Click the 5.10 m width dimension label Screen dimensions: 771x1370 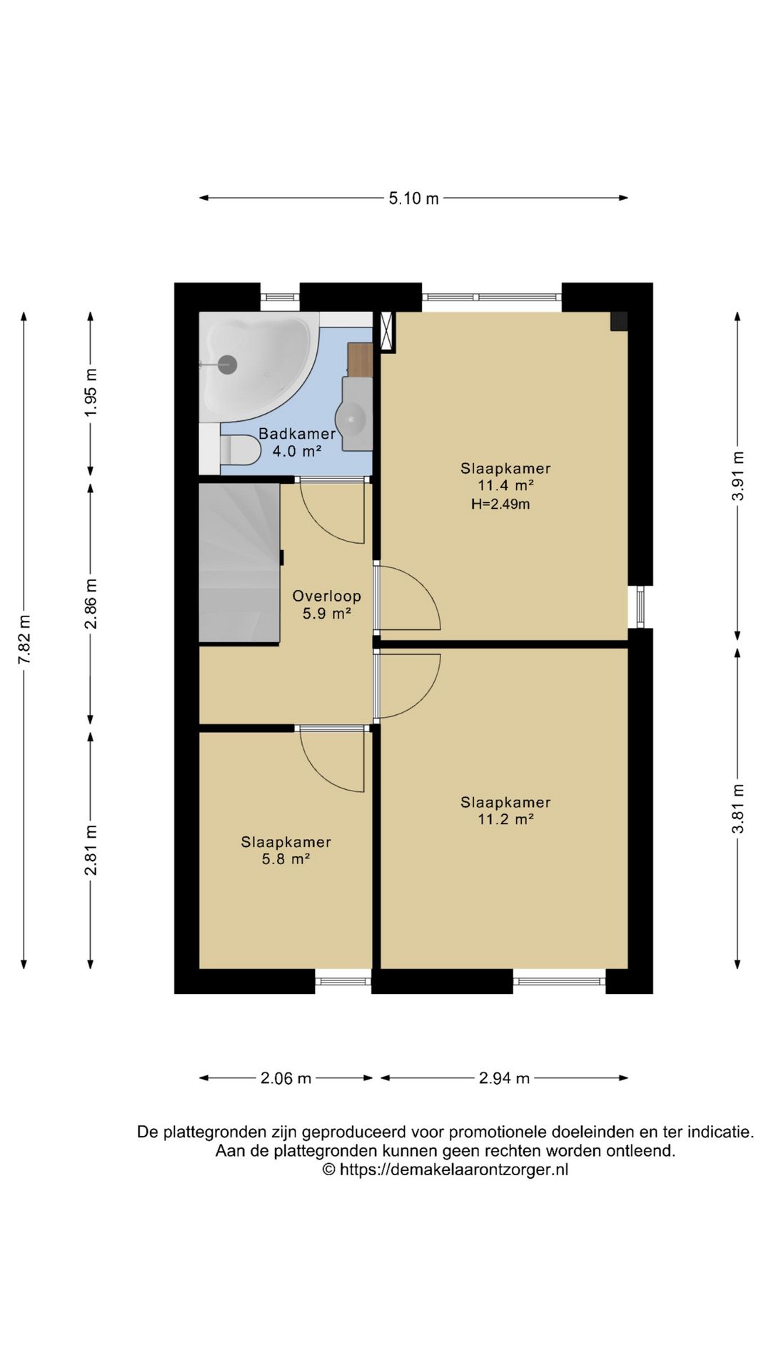click(x=413, y=198)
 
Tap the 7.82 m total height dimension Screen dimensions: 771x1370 click(x=24, y=640)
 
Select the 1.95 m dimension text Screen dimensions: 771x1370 click(x=91, y=393)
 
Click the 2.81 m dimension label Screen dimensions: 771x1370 click(x=91, y=849)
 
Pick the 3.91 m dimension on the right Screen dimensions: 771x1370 click(x=737, y=477)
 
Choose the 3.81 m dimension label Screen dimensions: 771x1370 click(x=737, y=808)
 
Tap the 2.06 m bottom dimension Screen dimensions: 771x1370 click(x=286, y=1078)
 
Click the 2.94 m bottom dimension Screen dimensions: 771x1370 click(x=504, y=1078)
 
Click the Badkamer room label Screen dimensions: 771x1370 click(x=297, y=434)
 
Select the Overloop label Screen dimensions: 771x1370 click(x=327, y=596)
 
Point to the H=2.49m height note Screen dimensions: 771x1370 click(x=500, y=504)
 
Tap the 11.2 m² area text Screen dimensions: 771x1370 click(x=505, y=819)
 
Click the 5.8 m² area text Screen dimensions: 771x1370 click(x=286, y=859)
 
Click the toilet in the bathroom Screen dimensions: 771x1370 click(x=239, y=450)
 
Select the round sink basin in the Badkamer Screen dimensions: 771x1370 click(x=353, y=420)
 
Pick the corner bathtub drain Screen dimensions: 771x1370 click(x=227, y=364)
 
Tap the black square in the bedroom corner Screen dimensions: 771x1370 click(x=618, y=321)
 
